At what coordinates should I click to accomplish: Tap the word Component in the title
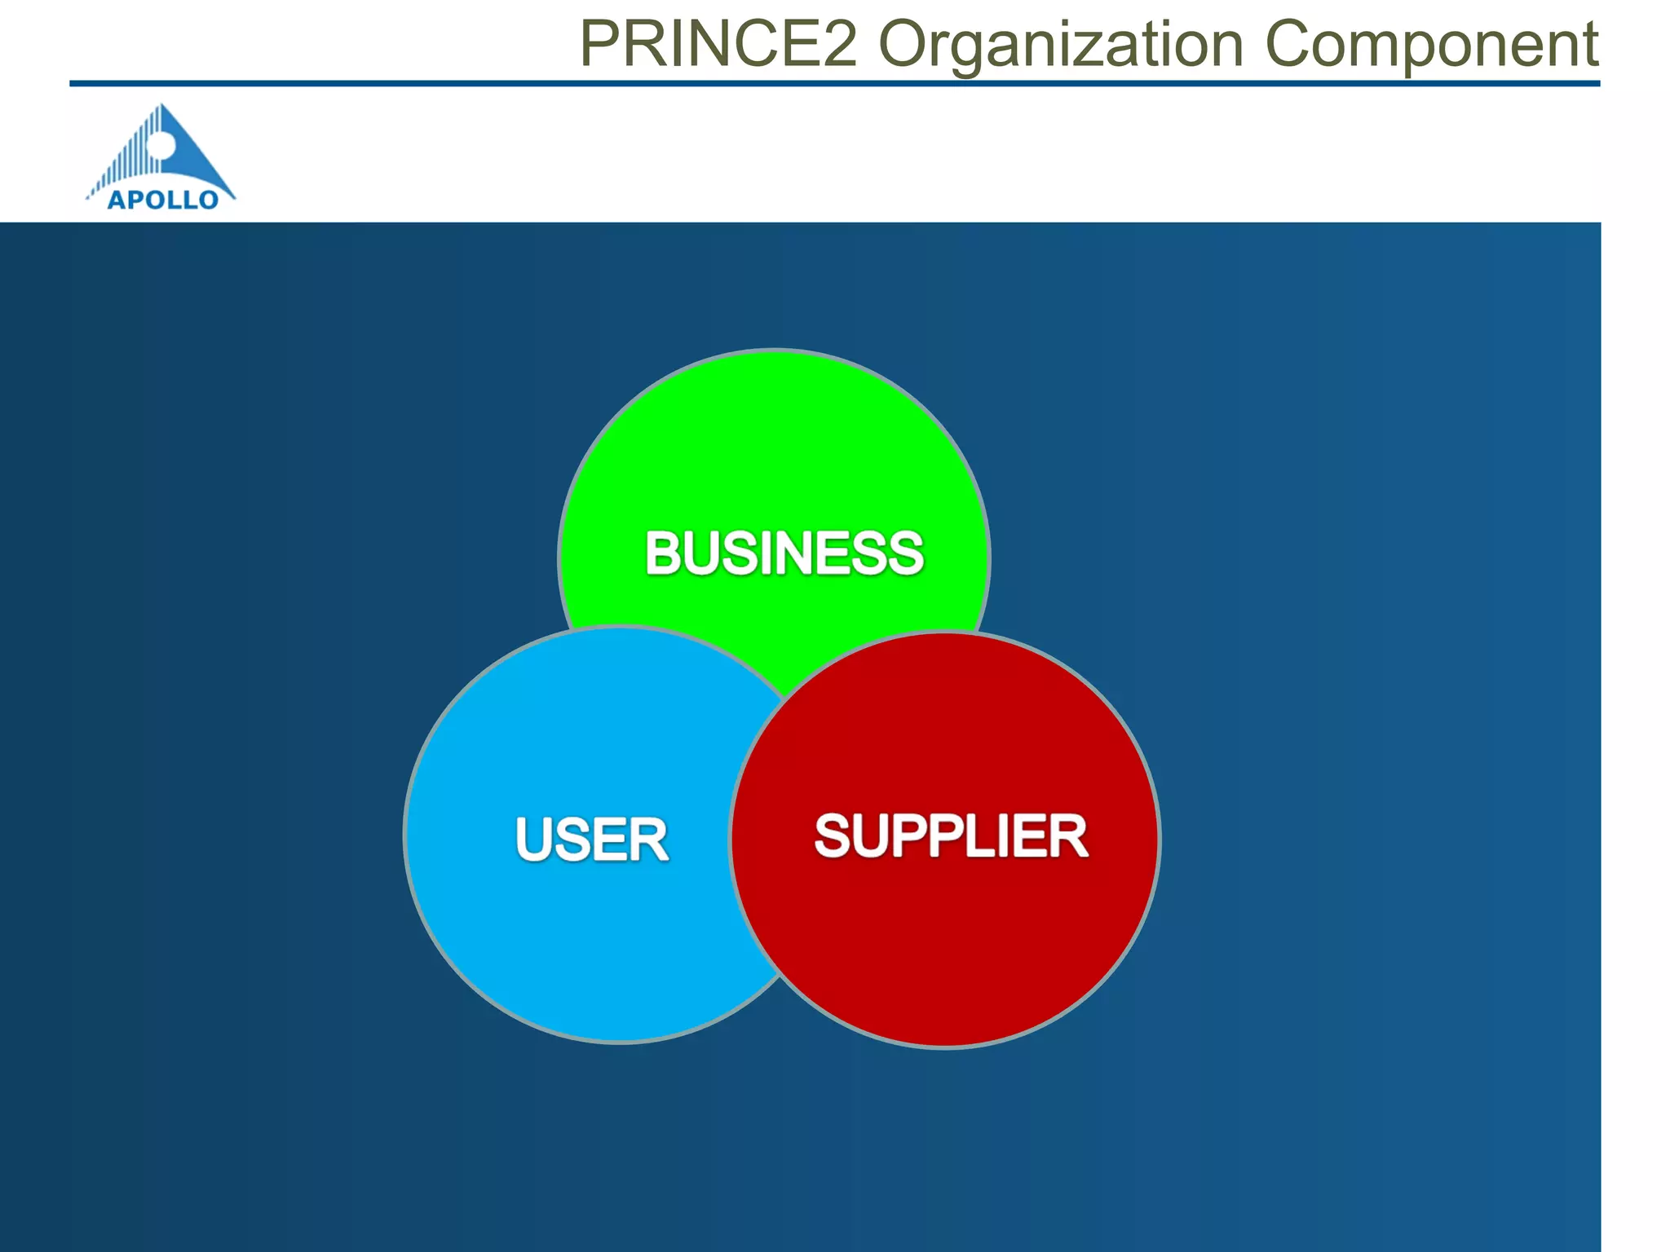(x=1431, y=46)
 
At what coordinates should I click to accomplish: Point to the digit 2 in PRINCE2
(x=840, y=44)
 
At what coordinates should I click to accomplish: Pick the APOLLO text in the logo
(x=163, y=200)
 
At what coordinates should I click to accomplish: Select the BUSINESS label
(x=784, y=553)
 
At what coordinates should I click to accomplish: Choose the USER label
(x=592, y=840)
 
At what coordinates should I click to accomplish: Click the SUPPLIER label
(x=951, y=836)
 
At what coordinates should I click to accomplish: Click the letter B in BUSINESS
(x=663, y=553)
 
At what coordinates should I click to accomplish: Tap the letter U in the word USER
(x=533, y=840)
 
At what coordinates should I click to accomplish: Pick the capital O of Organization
(x=903, y=44)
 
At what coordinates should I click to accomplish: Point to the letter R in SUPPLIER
(x=1069, y=836)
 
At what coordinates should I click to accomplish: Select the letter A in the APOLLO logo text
(x=117, y=200)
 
